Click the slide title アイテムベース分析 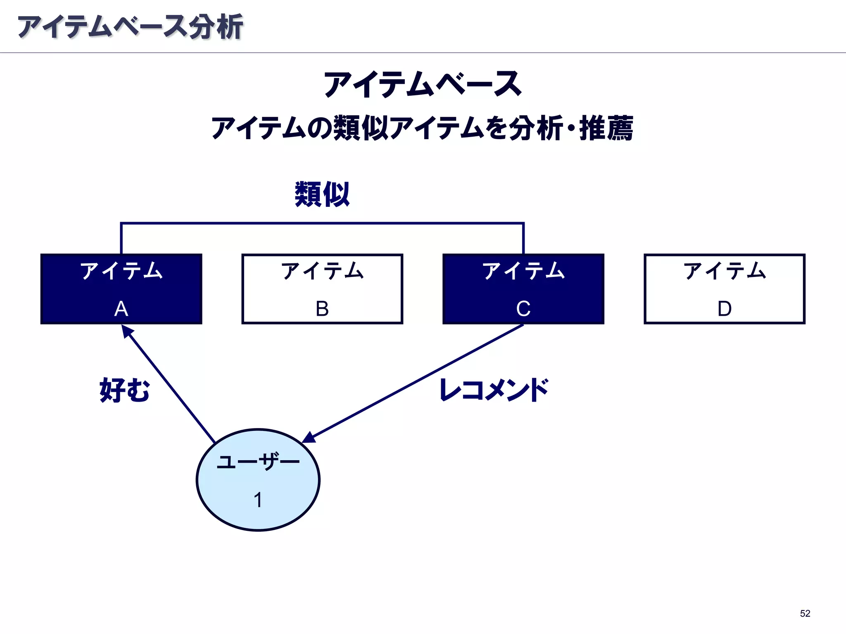pyautogui.click(x=130, y=27)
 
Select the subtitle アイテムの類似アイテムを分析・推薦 pyautogui.click(x=422, y=128)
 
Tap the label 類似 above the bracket pyautogui.click(x=322, y=194)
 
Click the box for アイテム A pyautogui.click(x=121, y=289)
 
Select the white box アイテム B pyautogui.click(x=322, y=289)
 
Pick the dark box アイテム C pyautogui.click(x=523, y=289)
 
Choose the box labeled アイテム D pyautogui.click(x=724, y=289)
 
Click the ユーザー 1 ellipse pyautogui.click(x=258, y=480)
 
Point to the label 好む pyautogui.click(x=124, y=390)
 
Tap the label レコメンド pyautogui.click(x=494, y=390)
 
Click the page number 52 pyautogui.click(x=805, y=613)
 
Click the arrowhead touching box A pyautogui.click(x=127, y=331)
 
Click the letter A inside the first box pyautogui.click(x=121, y=309)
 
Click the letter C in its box pyautogui.click(x=523, y=309)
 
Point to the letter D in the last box pyautogui.click(x=724, y=309)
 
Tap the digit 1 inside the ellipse pyautogui.click(x=258, y=500)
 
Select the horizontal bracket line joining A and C pyautogui.click(x=322, y=223)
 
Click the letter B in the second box pyautogui.click(x=322, y=309)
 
